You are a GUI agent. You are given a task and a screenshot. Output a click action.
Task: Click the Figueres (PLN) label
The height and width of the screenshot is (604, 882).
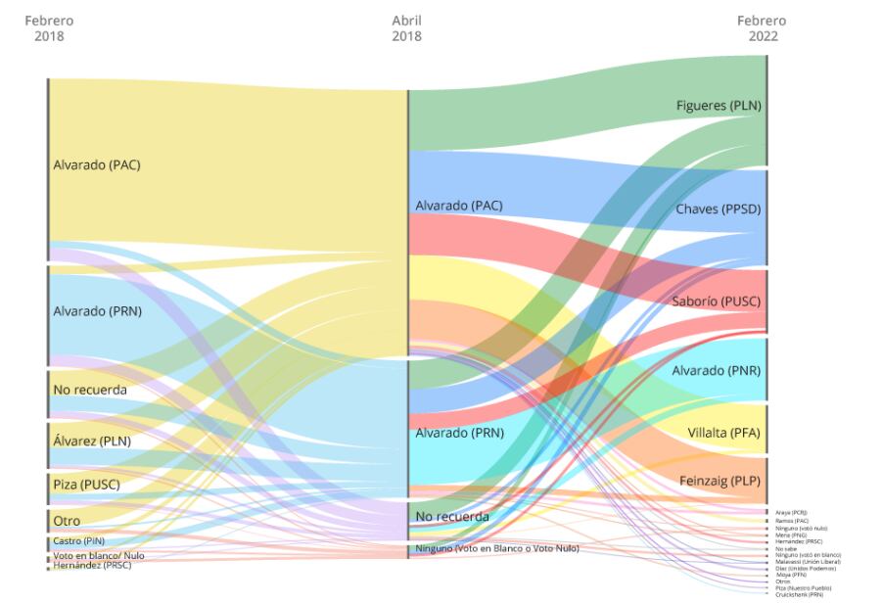[718, 106]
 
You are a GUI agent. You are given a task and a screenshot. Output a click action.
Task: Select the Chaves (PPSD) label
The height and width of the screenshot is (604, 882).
[718, 209]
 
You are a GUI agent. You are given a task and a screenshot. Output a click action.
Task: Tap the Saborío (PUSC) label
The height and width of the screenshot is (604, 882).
[718, 302]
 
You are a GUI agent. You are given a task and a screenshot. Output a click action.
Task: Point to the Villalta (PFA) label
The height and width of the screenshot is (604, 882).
[723, 434]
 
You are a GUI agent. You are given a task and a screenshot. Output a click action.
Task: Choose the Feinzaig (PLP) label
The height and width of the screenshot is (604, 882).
[720, 482]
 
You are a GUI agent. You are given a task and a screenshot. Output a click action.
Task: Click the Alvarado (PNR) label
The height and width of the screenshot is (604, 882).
[716, 371]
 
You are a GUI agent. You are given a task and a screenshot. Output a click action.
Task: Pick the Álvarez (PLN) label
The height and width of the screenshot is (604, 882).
[92, 441]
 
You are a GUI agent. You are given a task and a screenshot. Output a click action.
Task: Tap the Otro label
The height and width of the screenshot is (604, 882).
[67, 521]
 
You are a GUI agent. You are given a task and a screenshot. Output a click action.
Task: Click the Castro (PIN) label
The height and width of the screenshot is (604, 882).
[79, 540]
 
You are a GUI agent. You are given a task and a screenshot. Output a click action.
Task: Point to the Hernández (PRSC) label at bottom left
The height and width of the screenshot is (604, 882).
[92, 565]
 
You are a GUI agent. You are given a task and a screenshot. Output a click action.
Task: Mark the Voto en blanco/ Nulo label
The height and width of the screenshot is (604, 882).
[98, 555]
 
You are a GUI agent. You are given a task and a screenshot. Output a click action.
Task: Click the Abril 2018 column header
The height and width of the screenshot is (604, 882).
[406, 28]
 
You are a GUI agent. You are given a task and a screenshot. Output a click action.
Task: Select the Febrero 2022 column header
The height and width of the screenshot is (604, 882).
[762, 28]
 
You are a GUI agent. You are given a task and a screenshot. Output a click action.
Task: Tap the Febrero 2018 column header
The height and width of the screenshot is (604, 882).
[49, 28]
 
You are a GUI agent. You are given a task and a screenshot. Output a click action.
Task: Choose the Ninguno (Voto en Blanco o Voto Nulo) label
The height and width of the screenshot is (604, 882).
[497, 548]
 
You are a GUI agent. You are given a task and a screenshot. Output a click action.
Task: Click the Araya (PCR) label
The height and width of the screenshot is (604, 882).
[791, 512]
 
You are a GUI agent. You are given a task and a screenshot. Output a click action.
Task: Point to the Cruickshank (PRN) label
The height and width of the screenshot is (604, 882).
[798, 594]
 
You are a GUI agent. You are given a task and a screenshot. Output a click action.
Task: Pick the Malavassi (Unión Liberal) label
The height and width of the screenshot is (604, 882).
[808, 561]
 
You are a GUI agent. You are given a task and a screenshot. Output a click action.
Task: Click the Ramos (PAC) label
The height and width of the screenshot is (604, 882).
[792, 521]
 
